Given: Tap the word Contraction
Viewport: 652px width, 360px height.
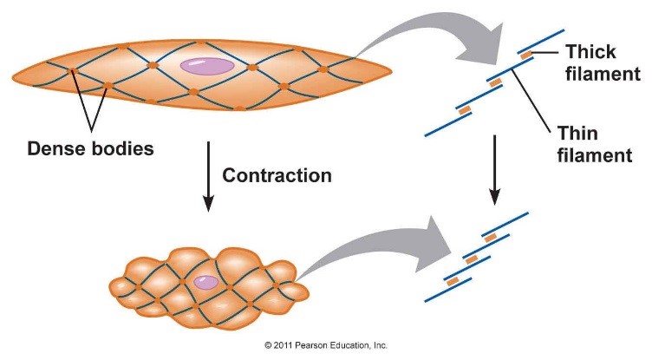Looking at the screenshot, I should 277,175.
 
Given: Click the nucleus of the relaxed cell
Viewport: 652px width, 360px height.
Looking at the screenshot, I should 206,66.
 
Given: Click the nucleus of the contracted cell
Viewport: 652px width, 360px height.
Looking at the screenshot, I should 206,281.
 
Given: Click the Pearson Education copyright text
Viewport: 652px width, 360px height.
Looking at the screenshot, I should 324,345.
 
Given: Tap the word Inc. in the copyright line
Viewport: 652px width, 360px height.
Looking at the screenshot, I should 379,345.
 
